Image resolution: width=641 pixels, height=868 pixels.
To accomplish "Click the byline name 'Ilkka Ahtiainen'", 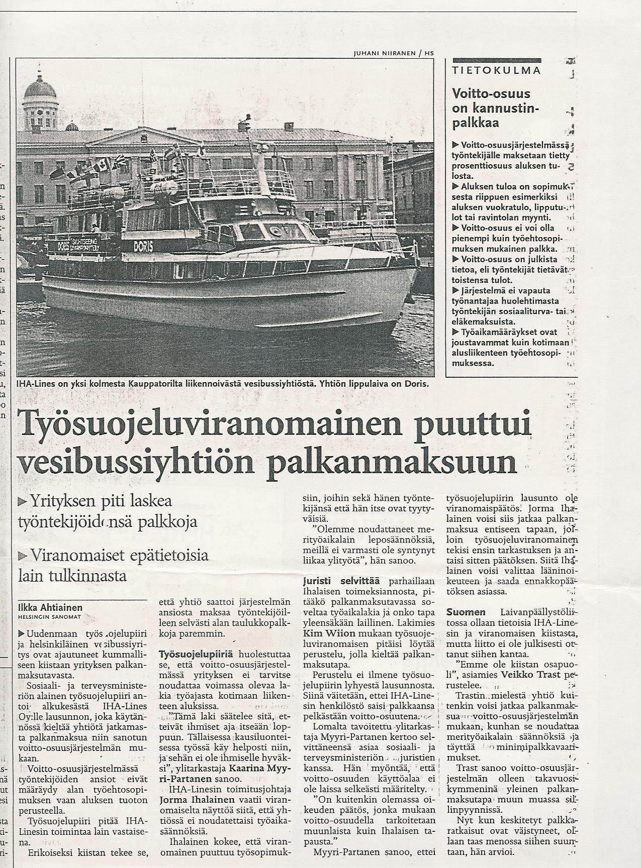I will (50, 608).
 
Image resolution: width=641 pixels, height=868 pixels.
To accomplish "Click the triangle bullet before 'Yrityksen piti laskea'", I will (22, 501).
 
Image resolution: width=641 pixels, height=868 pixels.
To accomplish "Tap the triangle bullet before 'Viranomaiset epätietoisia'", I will (22, 555).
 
